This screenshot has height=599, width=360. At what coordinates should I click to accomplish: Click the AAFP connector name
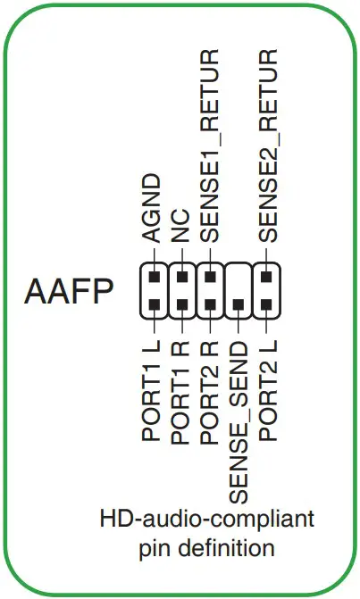click(69, 293)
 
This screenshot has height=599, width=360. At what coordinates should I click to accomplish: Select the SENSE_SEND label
click(238, 420)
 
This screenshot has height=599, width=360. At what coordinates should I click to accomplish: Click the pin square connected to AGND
click(153, 277)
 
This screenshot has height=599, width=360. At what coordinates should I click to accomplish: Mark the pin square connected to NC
click(181, 277)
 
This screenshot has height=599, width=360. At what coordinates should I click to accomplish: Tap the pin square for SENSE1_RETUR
click(209, 277)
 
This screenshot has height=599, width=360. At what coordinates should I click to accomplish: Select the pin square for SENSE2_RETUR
click(266, 277)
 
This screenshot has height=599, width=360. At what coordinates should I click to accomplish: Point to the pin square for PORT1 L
click(153, 305)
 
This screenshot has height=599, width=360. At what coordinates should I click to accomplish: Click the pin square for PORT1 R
click(181, 305)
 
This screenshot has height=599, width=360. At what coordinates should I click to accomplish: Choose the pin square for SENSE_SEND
click(238, 305)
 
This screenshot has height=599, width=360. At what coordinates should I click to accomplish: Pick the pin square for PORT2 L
click(266, 305)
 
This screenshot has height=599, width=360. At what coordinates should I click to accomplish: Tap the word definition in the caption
click(227, 545)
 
